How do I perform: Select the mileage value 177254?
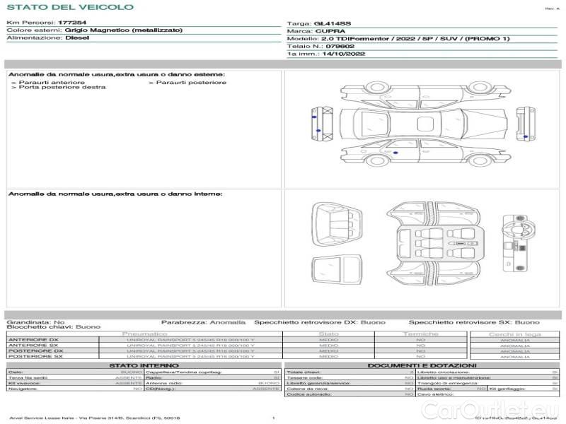[72, 23]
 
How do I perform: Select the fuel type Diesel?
[77, 37]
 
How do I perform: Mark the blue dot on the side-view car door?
[395, 153]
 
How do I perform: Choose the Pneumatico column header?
[145, 334]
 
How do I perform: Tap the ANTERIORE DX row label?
[33, 340]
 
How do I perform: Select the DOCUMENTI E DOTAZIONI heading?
[420, 365]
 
